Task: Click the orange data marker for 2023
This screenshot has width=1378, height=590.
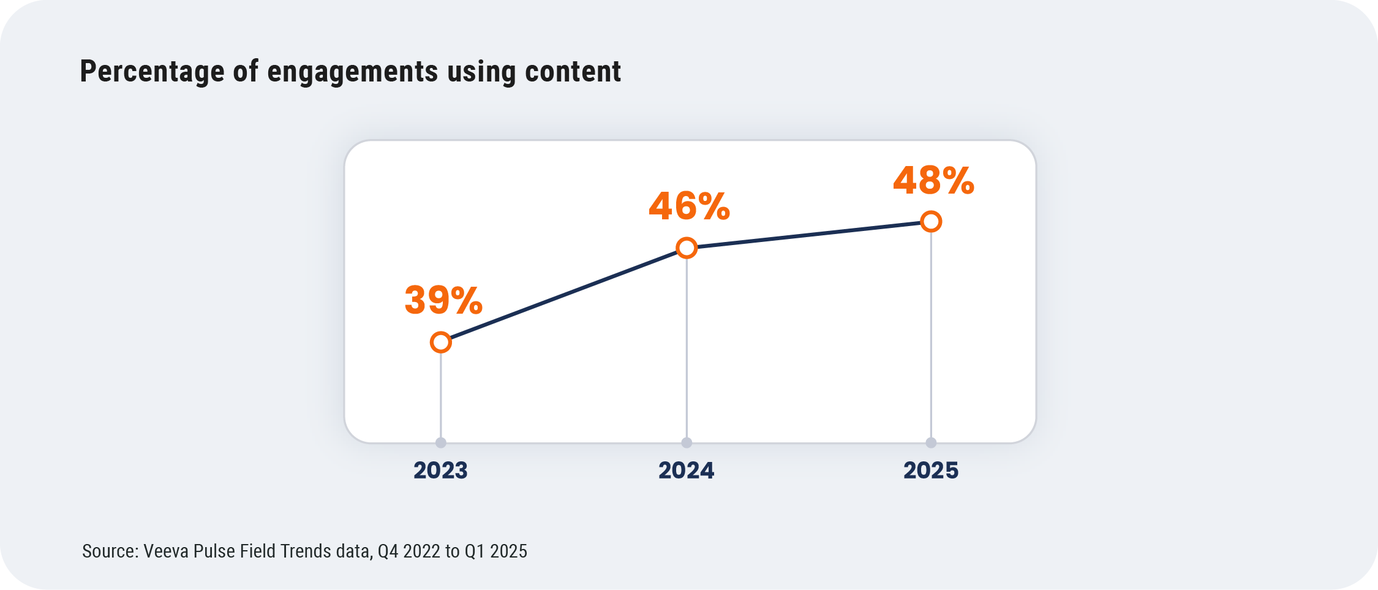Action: [440, 342]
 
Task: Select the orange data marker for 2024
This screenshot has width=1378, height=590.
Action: [687, 248]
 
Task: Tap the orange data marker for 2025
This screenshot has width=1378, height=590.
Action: [931, 221]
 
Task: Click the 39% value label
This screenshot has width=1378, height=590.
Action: [443, 300]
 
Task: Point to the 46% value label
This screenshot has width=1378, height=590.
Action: [689, 206]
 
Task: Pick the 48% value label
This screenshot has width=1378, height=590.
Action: [933, 181]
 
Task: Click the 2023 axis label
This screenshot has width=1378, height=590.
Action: [440, 471]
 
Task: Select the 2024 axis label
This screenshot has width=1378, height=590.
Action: [686, 471]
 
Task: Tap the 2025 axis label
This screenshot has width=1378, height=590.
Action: [931, 471]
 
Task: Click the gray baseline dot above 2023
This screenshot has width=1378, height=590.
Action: [440, 442]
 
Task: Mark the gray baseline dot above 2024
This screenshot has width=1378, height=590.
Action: [687, 442]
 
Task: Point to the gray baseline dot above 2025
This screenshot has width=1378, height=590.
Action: [931, 442]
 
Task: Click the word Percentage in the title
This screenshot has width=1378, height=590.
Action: [152, 72]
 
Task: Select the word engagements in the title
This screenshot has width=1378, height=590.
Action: [353, 72]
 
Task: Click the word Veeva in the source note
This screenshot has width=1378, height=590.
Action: [165, 551]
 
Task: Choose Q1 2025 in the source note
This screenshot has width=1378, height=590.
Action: [495, 551]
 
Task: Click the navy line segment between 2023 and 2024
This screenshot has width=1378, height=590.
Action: [563, 295]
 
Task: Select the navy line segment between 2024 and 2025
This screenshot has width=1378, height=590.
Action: [808, 235]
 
